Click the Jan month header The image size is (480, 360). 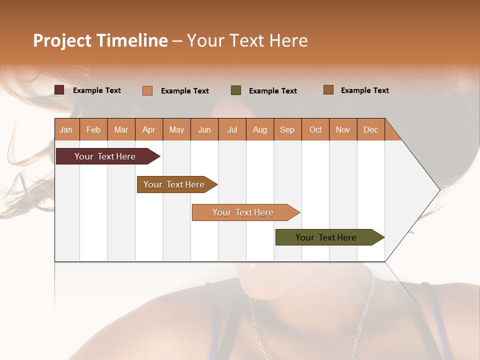[x=66, y=129]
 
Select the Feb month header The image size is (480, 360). [x=93, y=129]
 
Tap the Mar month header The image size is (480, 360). [x=121, y=129]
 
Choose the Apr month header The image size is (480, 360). [x=149, y=129]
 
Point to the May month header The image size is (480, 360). [x=176, y=129]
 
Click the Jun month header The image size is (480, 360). [x=204, y=129]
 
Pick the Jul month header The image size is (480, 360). [x=232, y=129]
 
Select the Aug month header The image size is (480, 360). [x=260, y=129]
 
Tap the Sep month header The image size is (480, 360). [x=287, y=129]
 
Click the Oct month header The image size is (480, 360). [x=315, y=129]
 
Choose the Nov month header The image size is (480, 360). [x=343, y=129]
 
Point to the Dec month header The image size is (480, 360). [x=371, y=129]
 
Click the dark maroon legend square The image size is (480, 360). [x=59, y=90]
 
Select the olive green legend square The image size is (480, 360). [x=236, y=90]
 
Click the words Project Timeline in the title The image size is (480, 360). [x=100, y=40]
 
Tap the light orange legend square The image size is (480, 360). [x=147, y=90]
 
